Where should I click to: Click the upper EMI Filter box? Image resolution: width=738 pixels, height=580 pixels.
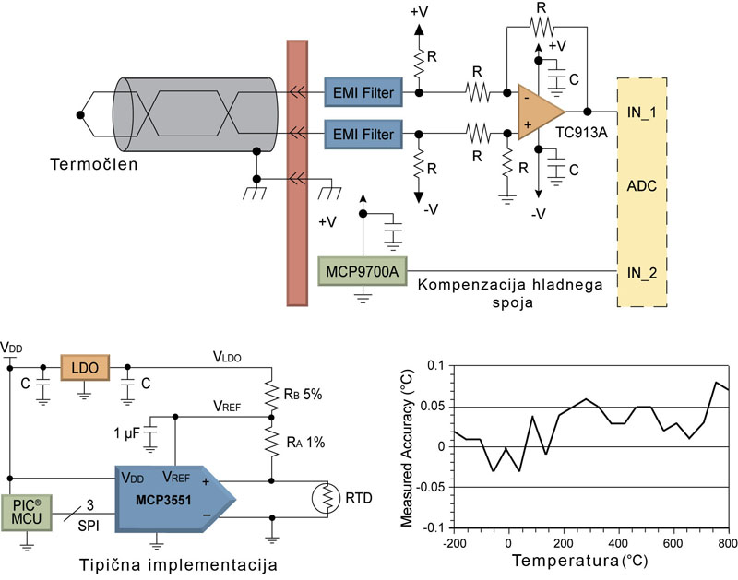tap(363, 93)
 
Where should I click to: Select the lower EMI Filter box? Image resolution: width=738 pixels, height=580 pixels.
tap(363, 136)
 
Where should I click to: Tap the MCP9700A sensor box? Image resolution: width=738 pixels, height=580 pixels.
tap(362, 271)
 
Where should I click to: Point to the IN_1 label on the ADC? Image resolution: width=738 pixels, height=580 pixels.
tap(643, 112)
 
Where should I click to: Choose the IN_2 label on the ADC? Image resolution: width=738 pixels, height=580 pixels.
tap(643, 274)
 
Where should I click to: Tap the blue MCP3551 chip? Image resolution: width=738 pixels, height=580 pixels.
tap(171, 498)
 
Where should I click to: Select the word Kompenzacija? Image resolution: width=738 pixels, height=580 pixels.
tap(467, 282)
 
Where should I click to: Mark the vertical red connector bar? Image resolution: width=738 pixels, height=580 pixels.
tap(296, 172)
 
